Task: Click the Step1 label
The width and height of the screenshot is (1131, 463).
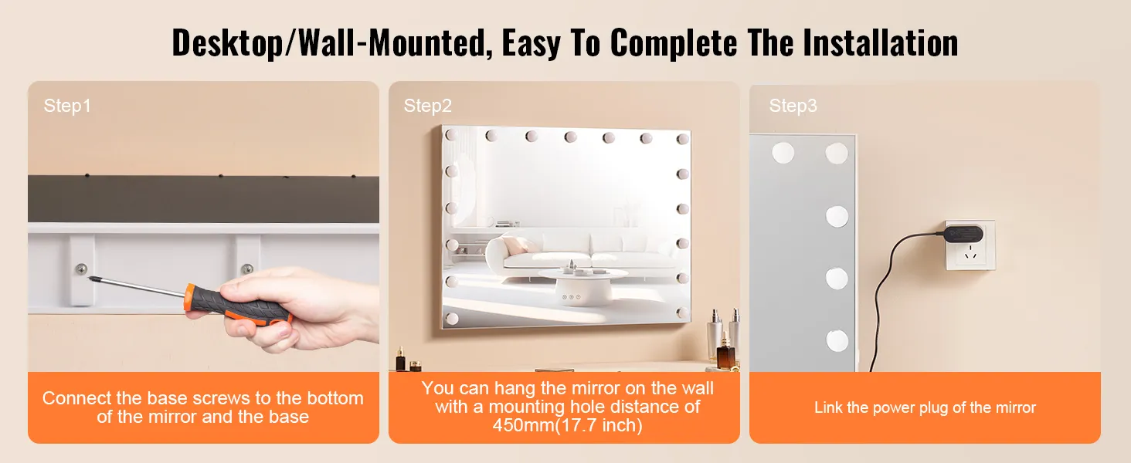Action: click(x=67, y=106)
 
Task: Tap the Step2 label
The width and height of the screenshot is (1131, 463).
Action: click(x=428, y=106)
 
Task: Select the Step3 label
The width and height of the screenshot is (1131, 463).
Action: click(x=793, y=106)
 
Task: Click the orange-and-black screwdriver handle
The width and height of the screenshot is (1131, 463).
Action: click(x=237, y=306)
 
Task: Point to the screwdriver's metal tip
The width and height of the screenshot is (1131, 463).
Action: click(x=91, y=277)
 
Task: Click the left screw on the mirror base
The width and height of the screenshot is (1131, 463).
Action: click(x=81, y=269)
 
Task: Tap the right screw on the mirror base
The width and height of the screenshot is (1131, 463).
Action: click(x=247, y=269)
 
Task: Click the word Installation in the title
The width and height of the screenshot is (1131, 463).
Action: click(x=881, y=43)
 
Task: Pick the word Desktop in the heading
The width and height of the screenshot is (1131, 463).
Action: click(x=228, y=44)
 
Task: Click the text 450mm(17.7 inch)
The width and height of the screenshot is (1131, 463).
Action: click(x=568, y=426)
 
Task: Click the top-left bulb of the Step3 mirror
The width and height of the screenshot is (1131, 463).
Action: click(x=783, y=153)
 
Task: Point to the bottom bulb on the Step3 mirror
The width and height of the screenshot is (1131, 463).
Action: click(x=837, y=341)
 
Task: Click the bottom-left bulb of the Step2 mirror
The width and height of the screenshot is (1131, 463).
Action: click(x=452, y=318)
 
